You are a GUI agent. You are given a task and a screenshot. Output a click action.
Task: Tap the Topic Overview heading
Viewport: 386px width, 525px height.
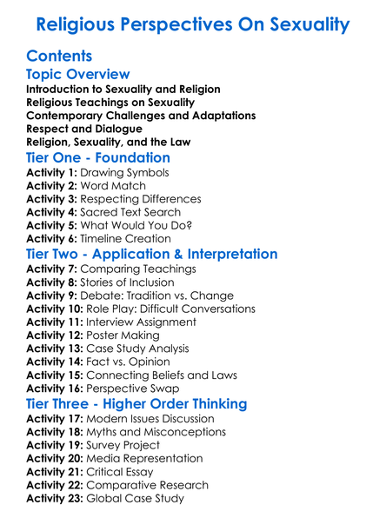tap(78, 75)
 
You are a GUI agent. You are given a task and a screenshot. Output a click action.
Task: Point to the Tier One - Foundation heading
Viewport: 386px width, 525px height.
tap(98, 158)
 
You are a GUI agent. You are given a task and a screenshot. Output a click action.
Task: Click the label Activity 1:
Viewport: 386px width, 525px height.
tap(51, 173)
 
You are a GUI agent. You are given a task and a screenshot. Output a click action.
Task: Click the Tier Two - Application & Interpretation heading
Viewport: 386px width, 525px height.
tap(152, 254)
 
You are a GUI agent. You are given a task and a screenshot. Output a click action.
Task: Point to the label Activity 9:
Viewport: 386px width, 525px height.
tap(51, 296)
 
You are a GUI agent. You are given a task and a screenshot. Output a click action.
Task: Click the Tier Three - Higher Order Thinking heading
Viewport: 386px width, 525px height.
tap(136, 404)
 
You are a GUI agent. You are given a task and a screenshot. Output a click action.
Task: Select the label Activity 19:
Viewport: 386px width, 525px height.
tap(55, 445)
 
